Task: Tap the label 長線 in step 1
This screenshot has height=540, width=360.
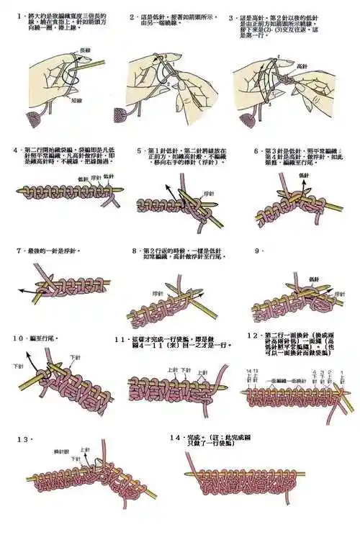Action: point(85,50)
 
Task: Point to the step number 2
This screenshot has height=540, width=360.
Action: point(132,16)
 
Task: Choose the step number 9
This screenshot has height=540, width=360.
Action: point(257,251)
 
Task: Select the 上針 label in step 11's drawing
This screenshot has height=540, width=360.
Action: point(172,370)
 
